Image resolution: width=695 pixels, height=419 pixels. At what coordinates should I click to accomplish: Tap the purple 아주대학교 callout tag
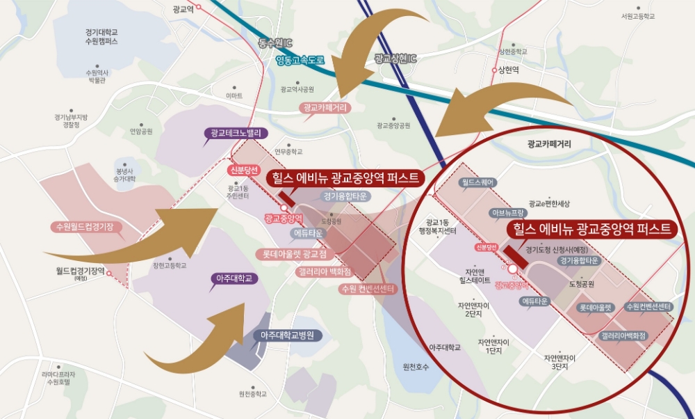234,278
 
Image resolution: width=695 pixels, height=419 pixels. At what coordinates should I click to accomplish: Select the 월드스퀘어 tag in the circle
477,182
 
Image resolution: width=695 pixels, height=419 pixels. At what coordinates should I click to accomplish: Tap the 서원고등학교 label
638,15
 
